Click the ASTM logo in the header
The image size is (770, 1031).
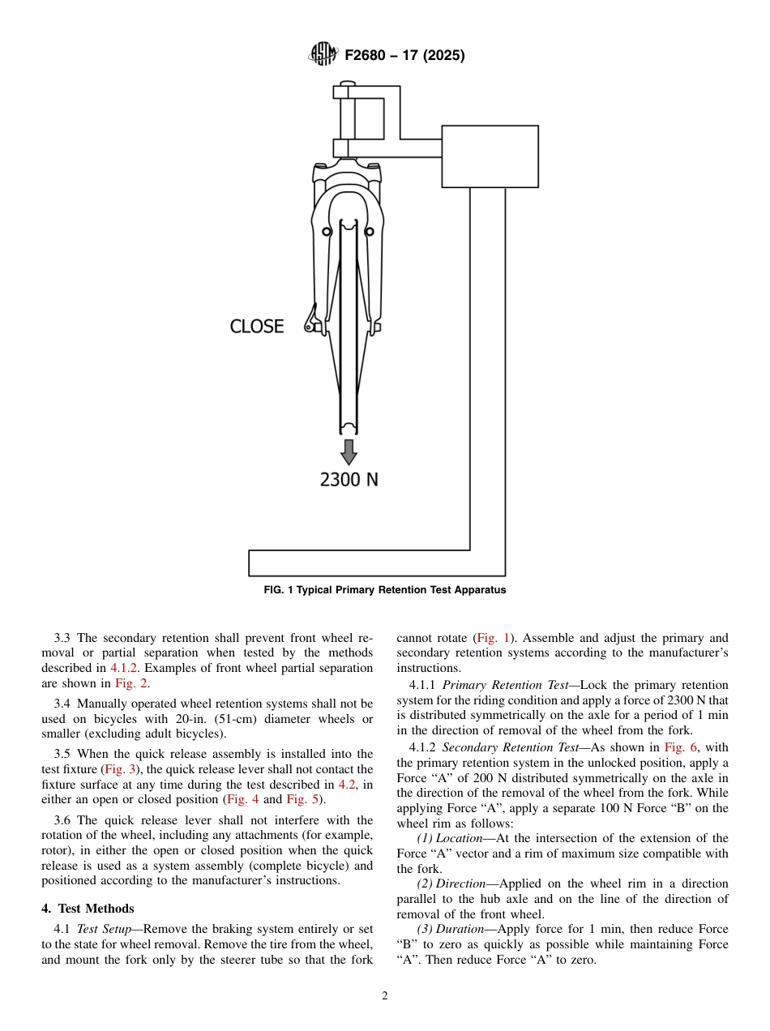pyautogui.click(x=323, y=55)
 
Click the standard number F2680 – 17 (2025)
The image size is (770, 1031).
pyautogui.click(x=404, y=56)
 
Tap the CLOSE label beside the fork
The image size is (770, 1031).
pyautogui.click(x=257, y=327)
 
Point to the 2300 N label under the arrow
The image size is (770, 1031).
pyautogui.click(x=349, y=479)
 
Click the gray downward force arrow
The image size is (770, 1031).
pyautogui.click(x=349, y=451)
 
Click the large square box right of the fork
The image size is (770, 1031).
pyautogui.click(x=490, y=156)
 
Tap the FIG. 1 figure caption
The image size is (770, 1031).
pyautogui.click(x=385, y=590)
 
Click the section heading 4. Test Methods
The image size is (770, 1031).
pyautogui.click(x=88, y=909)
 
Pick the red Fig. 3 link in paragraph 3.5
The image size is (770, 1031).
pyautogui.click(x=120, y=769)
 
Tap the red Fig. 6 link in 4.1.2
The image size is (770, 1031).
pyautogui.click(x=681, y=747)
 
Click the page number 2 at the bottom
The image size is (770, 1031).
pyautogui.click(x=385, y=996)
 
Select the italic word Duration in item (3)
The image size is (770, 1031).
pyautogui.click(x=460, y=929)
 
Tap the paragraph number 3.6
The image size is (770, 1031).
pyautogui.click(x=63, y=820)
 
